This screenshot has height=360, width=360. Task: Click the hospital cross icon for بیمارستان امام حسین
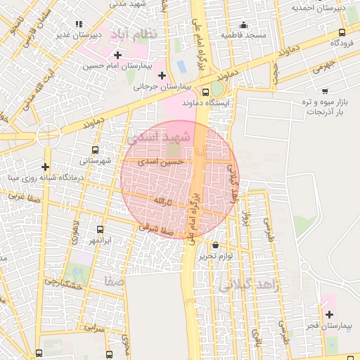[117, 54]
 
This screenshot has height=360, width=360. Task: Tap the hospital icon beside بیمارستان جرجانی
[162, 75]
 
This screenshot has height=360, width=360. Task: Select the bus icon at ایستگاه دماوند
[205, 91]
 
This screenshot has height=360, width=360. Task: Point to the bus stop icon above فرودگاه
[342, 32]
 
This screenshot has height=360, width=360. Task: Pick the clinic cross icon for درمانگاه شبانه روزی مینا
[46, 167]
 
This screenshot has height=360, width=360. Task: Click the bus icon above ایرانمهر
[99, 229]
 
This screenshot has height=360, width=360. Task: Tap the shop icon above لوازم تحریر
[215, 245]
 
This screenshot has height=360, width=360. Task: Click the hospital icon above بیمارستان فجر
[329, 314]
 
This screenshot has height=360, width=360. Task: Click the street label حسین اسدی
[162, 162]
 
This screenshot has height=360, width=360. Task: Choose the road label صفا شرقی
[155, 228]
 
